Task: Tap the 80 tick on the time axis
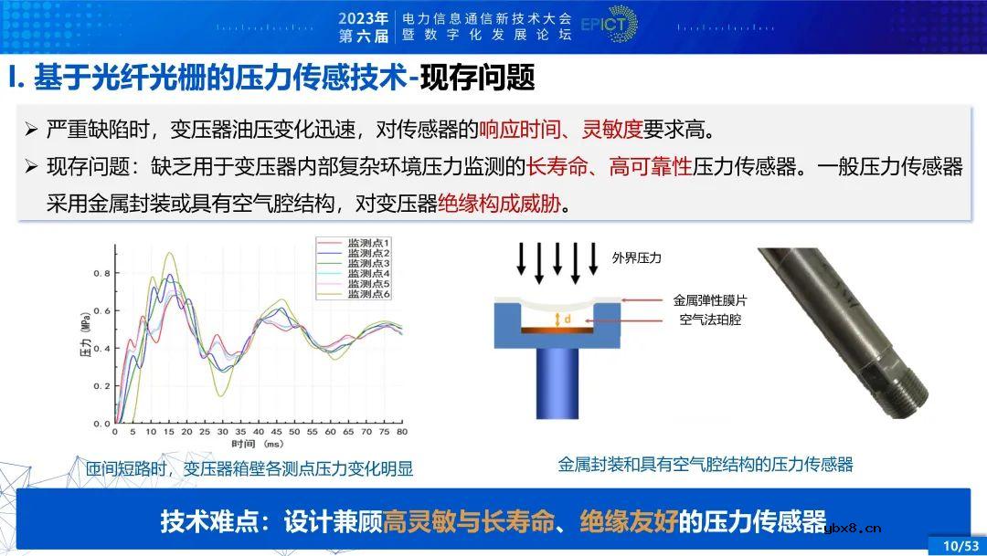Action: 401,432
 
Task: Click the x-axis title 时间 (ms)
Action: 257,444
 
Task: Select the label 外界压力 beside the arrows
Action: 636,258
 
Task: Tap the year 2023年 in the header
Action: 364,17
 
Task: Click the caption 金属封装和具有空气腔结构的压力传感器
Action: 705,465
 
